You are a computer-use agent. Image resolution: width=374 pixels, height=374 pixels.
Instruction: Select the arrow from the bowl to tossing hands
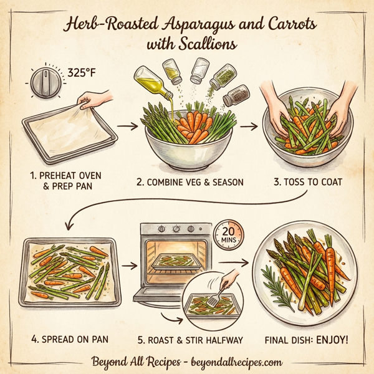[x=248, y=127]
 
